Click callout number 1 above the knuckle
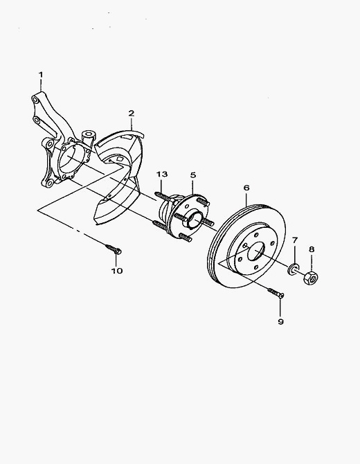click(x=41, y=74)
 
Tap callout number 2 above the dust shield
click(x=132, y=113)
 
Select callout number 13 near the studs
click(x=162, y=174)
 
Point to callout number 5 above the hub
click(x=193, y=175)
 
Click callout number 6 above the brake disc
click(x=246, y=188)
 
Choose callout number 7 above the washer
click(x=295, y=240)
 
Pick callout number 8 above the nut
click(x=312, y=249)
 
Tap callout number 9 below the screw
click(x=280, y=321)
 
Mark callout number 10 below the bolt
click(x=117, y=271)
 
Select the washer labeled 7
click(x=293, y=269)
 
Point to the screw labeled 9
click(x=276, y=293)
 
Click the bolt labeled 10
click(x=114, y=249)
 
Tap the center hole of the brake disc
click(x=255, y=251)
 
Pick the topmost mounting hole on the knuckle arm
click(x=35, y=100)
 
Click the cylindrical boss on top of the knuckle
click(x=89, y=137)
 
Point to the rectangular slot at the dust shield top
click(x=127, y=137)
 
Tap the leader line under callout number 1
click(x=41, y=85)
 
